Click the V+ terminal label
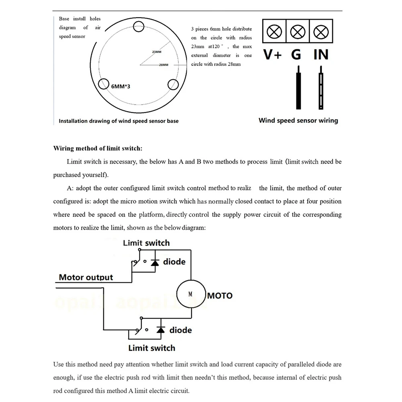coord(273,54)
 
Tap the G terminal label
coord(296,54)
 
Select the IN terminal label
coord(320,54)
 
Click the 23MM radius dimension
coord(157,52)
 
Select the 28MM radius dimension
coord(163,65)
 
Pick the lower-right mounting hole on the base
coord(173,84)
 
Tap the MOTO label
coord(220,296)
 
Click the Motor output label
coord(86,277)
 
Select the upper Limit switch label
coord(146,243)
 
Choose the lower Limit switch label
coord(151,348)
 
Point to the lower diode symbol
coord(161,330)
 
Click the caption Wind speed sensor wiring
coord(298,120)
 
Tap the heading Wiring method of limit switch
coord(98,148)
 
